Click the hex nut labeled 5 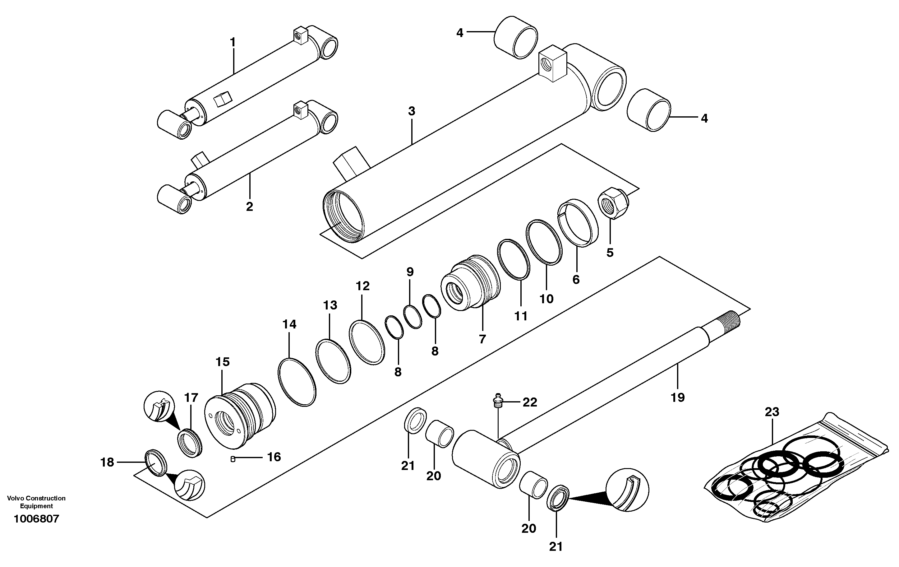pos(614,206)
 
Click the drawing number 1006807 pos(36,519)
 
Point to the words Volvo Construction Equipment pos(36,502)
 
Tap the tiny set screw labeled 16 pos(232,459)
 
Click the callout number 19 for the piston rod pos(678,398)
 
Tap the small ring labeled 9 pos(413,317)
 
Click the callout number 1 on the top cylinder pos(233,43)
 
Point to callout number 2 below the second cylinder pos(249,207)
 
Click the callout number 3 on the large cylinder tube pos(411,111)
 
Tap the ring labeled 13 pos(333,361)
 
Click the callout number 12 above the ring pos(362,286)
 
